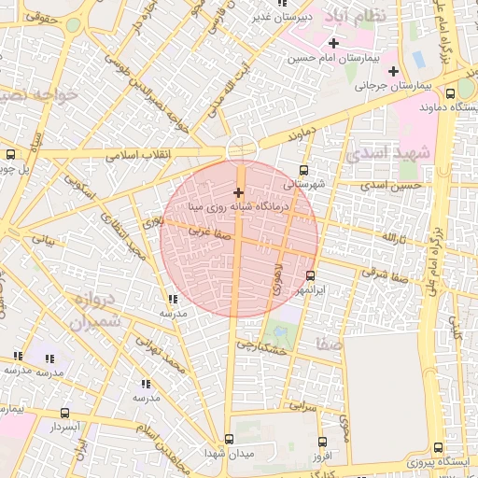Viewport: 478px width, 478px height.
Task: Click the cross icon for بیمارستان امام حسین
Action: click(333, 43)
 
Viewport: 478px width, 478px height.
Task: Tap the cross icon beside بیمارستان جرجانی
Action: click(393, 71)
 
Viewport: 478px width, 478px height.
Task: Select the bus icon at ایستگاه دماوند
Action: click(452, 93)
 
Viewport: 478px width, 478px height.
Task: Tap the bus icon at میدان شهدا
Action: click(230, 439)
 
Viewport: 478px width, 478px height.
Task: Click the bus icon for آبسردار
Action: click(64, 412)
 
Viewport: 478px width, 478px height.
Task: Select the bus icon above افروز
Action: click(322, 442)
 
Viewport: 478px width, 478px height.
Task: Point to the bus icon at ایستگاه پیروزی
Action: click(439, 447)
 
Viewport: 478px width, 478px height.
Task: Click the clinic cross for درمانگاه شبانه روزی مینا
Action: click(238, 191)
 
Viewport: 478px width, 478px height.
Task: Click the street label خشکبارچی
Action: click(260, 346)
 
